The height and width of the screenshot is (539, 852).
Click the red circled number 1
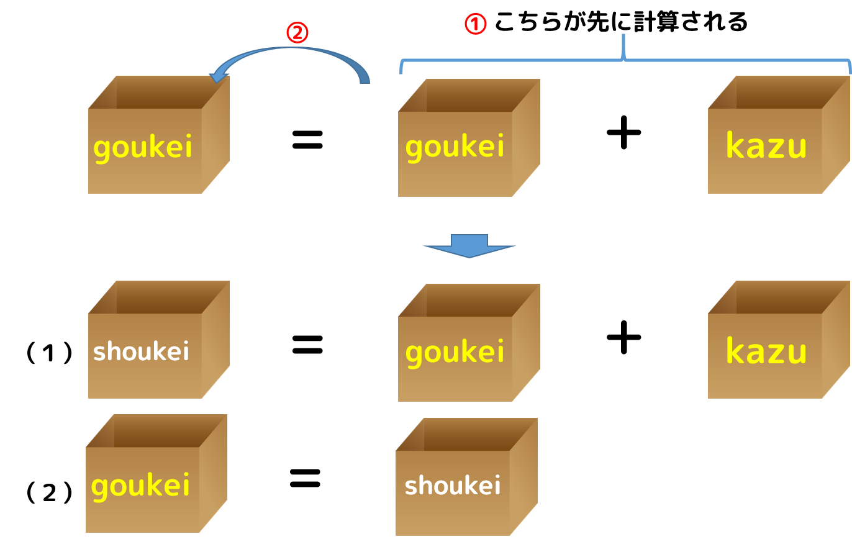[476, 24]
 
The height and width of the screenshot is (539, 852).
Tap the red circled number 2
[297, 32]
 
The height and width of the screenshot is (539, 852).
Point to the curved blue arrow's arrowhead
[217, 76]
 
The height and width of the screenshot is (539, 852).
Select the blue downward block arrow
[469, 246]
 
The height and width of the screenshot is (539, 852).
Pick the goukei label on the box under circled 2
[143, 148]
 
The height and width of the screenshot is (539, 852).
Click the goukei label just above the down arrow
[455, 148]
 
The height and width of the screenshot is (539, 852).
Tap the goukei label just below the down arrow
[455, 352]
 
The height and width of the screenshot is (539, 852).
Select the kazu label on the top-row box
[766, 147]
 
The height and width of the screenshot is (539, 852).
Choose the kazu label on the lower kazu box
[766, 351]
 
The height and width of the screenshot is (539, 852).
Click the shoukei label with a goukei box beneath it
[141, 351]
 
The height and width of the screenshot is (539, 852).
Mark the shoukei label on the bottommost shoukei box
[453, 486]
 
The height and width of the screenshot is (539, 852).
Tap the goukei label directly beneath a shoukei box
[140, 486]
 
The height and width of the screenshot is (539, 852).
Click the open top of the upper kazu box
[779, 93]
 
